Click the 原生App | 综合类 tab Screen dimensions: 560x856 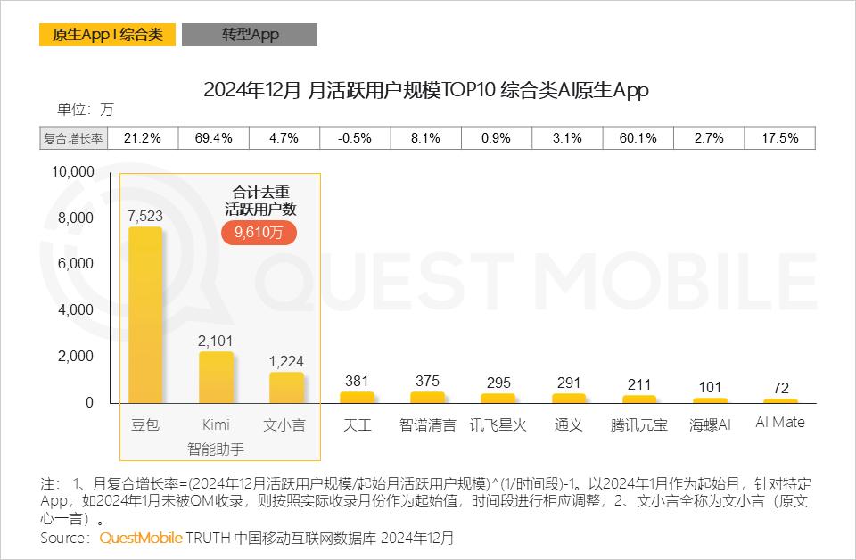click(107, 35)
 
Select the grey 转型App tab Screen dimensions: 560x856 click(250, 35)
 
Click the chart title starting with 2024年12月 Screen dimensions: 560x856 click(426, 90)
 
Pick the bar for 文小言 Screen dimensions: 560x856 click(286, 388)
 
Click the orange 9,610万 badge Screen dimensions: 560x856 click(259, 232)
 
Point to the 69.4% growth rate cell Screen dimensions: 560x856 click(214, 138)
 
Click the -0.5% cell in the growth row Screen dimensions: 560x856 click(356, 138)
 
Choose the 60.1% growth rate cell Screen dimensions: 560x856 click(638, 138)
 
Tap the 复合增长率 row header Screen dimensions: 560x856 click(74, 138)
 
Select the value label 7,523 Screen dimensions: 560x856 click(145, 216)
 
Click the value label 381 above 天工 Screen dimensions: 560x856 click(357, 381)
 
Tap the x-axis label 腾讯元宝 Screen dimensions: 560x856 click(638, 425)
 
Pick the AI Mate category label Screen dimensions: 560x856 click(779, 423)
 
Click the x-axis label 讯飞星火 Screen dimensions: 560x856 click(498, 425)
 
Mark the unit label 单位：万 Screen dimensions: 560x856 click(86, 110)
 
